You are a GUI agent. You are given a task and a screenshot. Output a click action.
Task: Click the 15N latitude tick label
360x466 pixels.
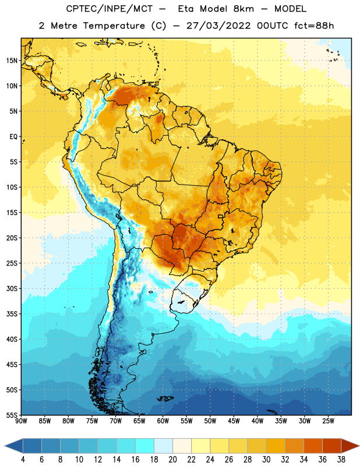(x=12, y=61)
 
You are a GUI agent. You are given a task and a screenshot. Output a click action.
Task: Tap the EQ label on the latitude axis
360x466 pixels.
(x=13, y=137)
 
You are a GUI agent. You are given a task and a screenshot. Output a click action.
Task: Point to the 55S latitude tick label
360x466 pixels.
(x=12, y=415)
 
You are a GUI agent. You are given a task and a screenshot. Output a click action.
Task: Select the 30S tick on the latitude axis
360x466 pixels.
(x=12, y=288)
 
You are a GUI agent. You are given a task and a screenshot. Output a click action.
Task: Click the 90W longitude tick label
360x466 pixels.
(x=21, y=421)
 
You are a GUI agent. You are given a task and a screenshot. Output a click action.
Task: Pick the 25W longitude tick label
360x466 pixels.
(x=328, y=421)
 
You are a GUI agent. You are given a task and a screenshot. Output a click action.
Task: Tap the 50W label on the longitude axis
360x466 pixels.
(x=210, y=421)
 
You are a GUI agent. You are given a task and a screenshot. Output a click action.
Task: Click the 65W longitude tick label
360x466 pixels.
(x=139, y=421)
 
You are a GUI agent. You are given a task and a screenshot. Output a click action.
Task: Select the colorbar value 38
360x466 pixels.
(x=341, y=460)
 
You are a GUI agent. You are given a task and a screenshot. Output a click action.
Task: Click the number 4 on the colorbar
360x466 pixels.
(x=23, y=460)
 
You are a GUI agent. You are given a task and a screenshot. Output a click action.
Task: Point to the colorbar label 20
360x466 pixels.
(x=172, y=460)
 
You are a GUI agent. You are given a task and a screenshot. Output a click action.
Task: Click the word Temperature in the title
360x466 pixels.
(x=114, y=26)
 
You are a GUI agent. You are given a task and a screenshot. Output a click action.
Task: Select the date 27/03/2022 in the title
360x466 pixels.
(x=218, y=26)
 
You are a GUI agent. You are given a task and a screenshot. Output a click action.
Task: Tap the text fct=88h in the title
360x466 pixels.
(x=314, y=26)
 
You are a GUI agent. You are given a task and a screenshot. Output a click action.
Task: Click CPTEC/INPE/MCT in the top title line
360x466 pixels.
(x=109, y=9)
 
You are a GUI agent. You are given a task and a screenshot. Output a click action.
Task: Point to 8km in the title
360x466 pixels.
(x=243, y=9)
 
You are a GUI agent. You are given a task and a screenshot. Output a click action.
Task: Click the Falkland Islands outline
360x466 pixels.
(x=165, y=398)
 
